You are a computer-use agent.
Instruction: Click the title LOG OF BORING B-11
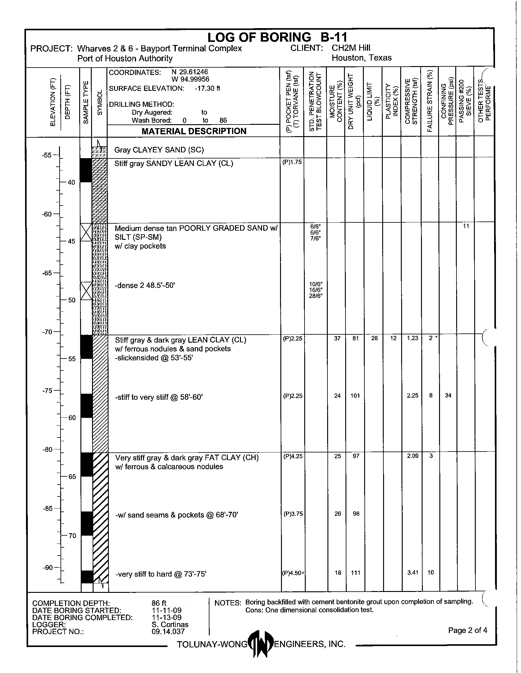277,37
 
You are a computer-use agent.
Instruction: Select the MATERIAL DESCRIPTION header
194,131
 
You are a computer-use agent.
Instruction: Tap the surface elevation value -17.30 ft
207,88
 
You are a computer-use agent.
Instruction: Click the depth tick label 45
72,241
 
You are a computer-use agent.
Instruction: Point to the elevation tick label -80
48,450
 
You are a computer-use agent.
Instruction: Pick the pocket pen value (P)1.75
292,162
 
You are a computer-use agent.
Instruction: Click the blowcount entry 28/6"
316,296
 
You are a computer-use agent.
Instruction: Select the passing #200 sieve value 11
466,226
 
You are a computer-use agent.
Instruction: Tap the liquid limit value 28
374,338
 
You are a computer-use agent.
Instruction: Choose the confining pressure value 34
448,395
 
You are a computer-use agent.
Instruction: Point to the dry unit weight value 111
355,573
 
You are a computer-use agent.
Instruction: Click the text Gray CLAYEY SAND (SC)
159,150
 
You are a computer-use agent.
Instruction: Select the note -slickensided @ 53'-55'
154,358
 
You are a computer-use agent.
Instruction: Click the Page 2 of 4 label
467,630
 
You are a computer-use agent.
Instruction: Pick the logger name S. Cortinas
170,625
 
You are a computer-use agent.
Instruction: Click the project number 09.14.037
168,632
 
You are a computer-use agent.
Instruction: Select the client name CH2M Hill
351,48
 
